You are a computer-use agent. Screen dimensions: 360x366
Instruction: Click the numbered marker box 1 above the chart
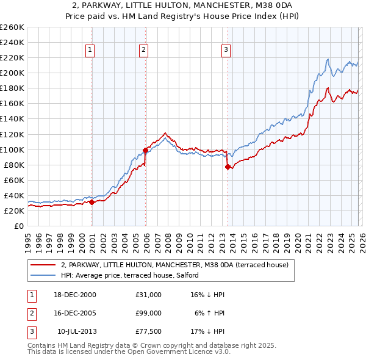[x=90, y=50]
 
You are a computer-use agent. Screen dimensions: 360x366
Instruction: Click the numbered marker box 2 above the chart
[x=143, y=50]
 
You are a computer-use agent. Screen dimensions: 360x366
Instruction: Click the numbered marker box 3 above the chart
[x=226, y=50]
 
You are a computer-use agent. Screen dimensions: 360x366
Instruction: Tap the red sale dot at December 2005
[x=146, y=149]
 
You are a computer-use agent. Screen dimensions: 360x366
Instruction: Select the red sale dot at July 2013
[x=228, y=166]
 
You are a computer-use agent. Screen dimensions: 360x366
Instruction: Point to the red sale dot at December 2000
[x=92, y=202]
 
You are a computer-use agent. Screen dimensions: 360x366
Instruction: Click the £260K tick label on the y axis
[x=12, y=27]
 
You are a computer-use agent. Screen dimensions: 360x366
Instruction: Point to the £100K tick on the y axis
[x=12, y=149]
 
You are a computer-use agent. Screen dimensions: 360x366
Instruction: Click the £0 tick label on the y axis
[x=18, y=226]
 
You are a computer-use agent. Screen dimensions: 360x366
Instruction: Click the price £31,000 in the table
[x=149, y=295]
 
